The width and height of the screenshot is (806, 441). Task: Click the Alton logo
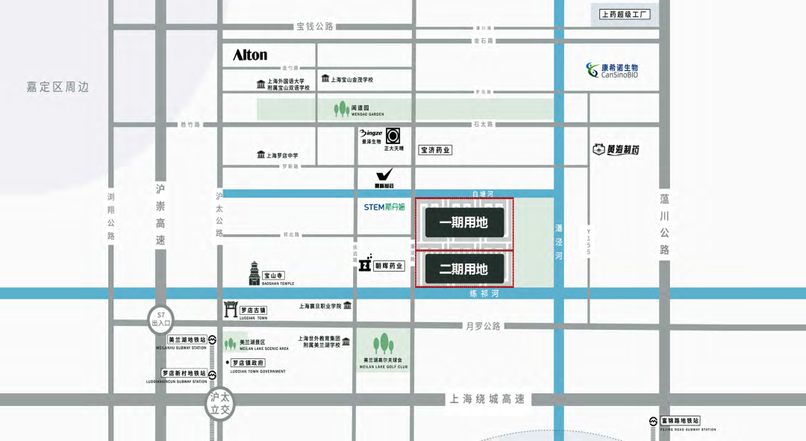250,55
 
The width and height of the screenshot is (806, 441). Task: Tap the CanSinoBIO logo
611,71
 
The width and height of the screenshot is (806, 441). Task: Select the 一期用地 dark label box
463,222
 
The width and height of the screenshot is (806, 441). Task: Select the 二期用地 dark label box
463,269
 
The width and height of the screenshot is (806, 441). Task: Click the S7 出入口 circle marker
160,319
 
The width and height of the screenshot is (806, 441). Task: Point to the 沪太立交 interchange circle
220,404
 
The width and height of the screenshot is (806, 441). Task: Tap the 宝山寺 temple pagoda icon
254,273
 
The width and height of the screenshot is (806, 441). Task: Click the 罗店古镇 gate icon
231,310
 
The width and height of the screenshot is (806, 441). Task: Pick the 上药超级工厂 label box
625,14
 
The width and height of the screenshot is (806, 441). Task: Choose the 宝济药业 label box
435,150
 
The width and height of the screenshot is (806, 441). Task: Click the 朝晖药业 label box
389,266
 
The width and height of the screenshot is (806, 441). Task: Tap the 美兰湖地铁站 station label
187,340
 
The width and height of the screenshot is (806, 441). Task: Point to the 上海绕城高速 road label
488,399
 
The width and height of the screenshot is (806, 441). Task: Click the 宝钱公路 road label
315,26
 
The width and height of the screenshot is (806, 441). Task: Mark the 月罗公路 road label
484,326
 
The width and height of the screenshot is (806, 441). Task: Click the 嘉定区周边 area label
57,87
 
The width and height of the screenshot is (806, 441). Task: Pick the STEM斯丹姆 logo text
384,207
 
